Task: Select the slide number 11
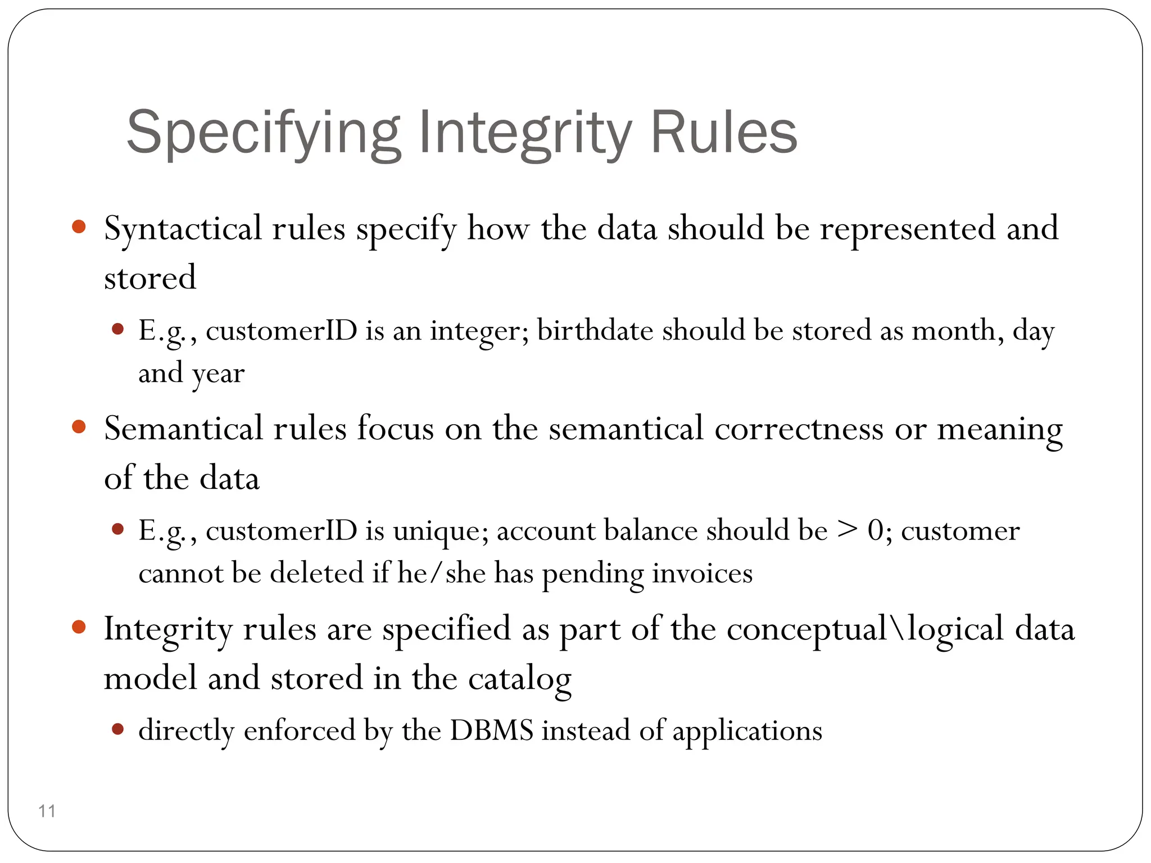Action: [47, 811]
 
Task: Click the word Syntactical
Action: [182, 229]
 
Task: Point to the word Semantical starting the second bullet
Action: [183, 429]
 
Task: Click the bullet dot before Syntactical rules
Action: [79, 227]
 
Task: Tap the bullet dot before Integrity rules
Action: [79, 627]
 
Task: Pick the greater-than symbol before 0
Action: [848, 530]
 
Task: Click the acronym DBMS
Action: [491, 730]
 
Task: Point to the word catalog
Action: [519, 679]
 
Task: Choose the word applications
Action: [747, 732]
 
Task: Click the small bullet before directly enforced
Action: [117, 729]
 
